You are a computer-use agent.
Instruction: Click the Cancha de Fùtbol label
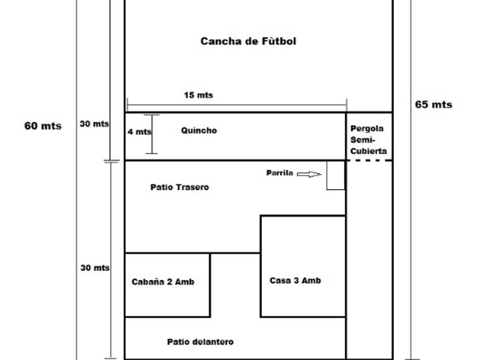248,41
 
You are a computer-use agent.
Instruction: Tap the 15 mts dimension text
198,95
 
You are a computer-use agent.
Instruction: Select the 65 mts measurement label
434,105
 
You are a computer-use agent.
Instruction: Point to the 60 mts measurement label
43,126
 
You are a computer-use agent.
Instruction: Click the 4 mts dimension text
139,131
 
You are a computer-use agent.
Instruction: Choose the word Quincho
199,130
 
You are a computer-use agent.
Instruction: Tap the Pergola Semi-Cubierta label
368,139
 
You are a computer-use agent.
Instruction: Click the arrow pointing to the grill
309,174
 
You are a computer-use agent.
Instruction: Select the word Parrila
279,173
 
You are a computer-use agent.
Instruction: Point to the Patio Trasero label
179,187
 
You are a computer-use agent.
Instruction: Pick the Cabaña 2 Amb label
163,282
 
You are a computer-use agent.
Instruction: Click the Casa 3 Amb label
295,281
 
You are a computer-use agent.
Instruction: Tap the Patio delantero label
200,342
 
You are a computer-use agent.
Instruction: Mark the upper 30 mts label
94,123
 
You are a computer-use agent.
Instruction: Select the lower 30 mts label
95,268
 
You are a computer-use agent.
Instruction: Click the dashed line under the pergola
370,160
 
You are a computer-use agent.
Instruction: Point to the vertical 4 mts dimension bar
151,134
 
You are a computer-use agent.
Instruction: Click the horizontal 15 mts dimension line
237,105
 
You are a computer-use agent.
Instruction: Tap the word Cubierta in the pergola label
369,151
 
